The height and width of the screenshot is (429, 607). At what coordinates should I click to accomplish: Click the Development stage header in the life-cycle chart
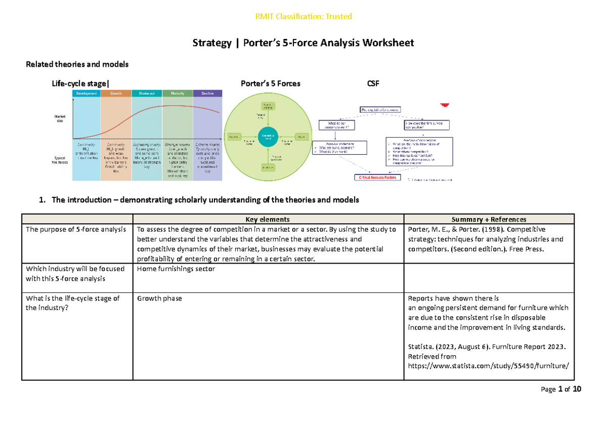click(x=86, y=93)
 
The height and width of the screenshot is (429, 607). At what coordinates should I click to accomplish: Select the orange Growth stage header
click(x=116, y=93)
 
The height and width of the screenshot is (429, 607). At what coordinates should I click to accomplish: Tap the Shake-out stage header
click(x=147, y=93)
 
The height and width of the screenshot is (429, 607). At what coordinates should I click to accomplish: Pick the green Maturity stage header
click(x=177, y=93)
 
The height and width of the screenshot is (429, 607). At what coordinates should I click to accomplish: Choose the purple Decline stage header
click(x=207, y=93)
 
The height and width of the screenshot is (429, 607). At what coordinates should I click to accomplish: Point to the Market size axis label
click(x=60, y=120)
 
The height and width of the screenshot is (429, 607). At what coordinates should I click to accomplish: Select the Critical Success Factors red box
click(x=376, y=178)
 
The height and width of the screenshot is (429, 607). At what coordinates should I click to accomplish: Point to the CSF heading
click(x=373, y=83)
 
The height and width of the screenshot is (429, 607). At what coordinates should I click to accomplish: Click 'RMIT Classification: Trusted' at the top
click(x=303, y=17)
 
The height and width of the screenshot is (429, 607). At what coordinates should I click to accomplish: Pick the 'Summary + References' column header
click(x=489, y=219)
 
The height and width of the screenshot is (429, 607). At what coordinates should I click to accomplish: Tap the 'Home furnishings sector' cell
click(x=176, y=269)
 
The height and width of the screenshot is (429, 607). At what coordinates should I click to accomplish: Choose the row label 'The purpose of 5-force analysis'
click(x=76, y=229)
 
